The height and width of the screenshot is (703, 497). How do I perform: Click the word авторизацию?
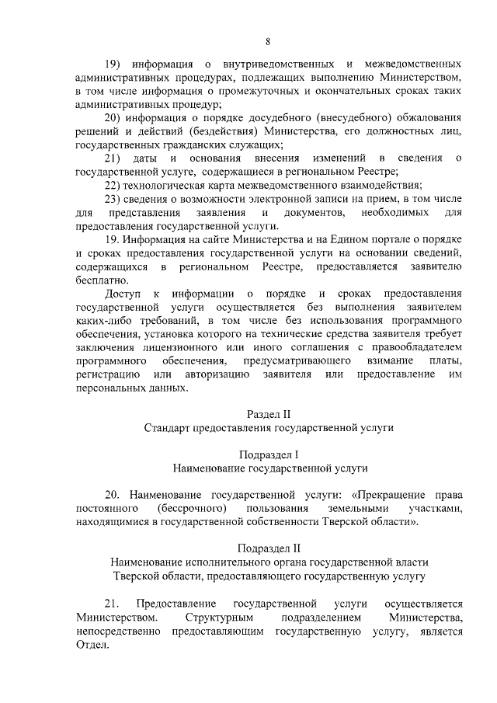pyautogui.click(x=217, y=375)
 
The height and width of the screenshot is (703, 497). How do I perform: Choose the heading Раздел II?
pyautogui.click(x=268, y=414)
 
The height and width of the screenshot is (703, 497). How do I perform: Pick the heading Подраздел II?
pyautogui.click(x=268, y=548)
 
